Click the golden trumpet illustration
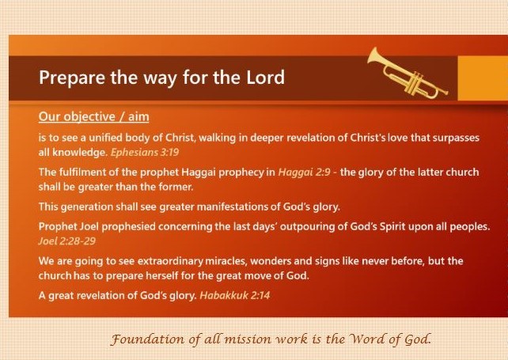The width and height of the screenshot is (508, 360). pyautogui.click(x=407, y=74)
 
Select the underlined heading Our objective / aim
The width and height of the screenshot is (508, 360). pyautogui.click(x=93, y=116)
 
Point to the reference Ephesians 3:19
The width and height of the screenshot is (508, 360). pyautogui.click(x=145, y=152)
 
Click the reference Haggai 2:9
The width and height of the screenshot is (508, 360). pyautogui.click(x=304, y=172)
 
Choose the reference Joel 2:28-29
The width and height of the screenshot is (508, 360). pyautogui.click(x=66, y=241)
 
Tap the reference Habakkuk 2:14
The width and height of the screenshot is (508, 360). pyautogui.click(x=234, y=296)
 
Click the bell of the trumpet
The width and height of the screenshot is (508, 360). pyautogui.click(x=374, y=55)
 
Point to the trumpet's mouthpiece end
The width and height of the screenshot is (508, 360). pyautogui.click(x=446, y=93)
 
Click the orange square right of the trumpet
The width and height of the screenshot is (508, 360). pyautogui.click(x=483, y=78)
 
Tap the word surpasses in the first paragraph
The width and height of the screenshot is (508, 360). pyautogui.click(x=456, y=138)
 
